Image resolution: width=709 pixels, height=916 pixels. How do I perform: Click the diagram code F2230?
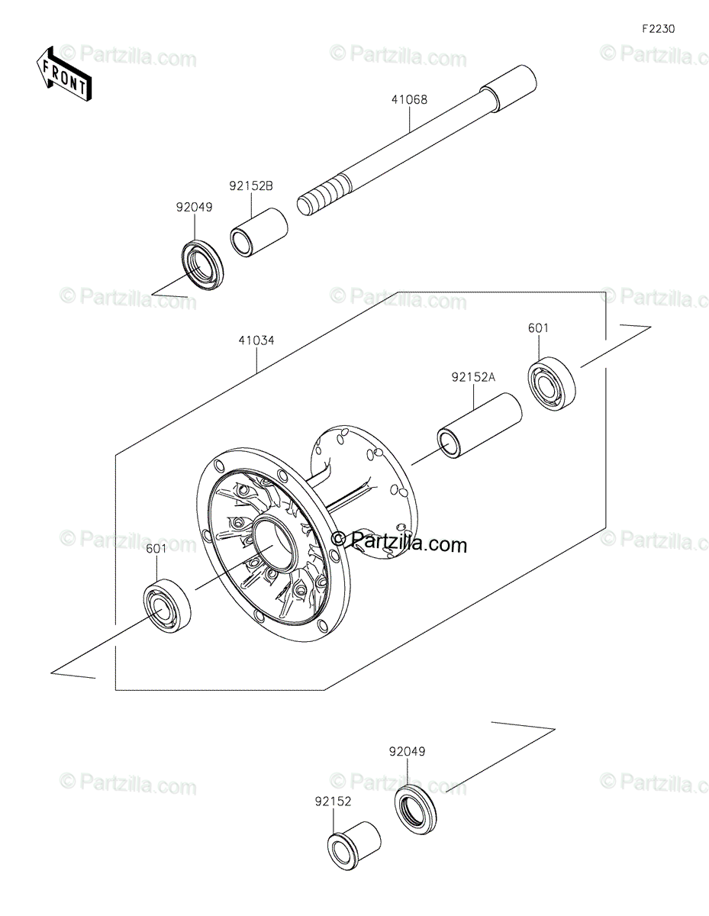tap(658, 29)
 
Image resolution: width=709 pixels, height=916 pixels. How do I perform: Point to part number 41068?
tap(409, 99)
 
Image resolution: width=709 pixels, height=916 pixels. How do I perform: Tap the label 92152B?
tap(251, 186)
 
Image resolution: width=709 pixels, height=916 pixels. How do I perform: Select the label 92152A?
tap(473, 377)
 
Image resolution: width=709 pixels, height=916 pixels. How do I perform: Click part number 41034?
tap(256, 340)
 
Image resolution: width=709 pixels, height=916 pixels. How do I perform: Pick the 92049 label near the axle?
tap(194, 208)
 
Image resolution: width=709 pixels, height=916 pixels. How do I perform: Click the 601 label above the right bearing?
tap(538, 327)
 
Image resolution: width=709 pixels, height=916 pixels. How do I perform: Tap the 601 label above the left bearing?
tap(156, 549)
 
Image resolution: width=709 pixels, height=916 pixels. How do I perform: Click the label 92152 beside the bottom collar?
tap(333, 801)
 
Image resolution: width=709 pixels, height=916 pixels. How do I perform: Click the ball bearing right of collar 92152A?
tap(552, 382)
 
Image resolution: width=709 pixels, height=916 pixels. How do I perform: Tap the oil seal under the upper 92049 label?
tap(202, 264)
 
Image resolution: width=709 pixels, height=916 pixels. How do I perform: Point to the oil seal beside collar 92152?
tap(415, 810)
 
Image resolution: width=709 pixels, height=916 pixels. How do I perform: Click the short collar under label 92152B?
tap(259, 233)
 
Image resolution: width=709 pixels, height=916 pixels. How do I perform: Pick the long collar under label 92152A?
tap(479, 426)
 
